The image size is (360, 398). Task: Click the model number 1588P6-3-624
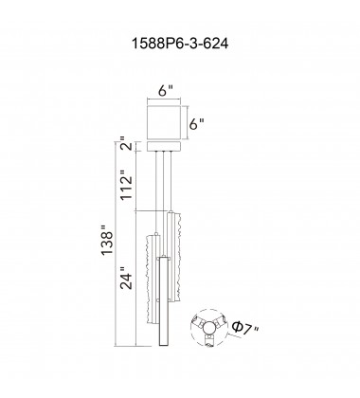coord(179,44)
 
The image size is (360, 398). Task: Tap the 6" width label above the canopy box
coord(166,91)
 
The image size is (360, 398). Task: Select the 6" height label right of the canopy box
coord(197,124)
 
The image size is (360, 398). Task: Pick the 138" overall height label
coord(107,240)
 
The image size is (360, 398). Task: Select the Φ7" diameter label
coord(244,328)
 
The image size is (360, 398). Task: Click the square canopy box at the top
coord(164,122)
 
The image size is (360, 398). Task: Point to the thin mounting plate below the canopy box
coord(164,147)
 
